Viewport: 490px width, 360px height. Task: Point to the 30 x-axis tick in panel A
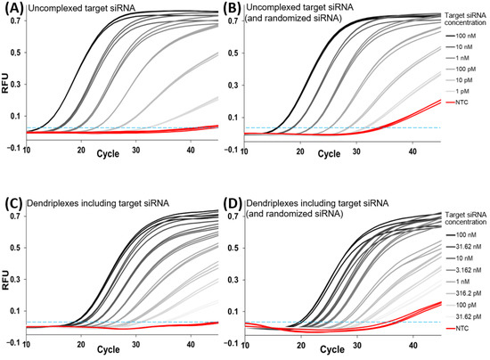point(135,146)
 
